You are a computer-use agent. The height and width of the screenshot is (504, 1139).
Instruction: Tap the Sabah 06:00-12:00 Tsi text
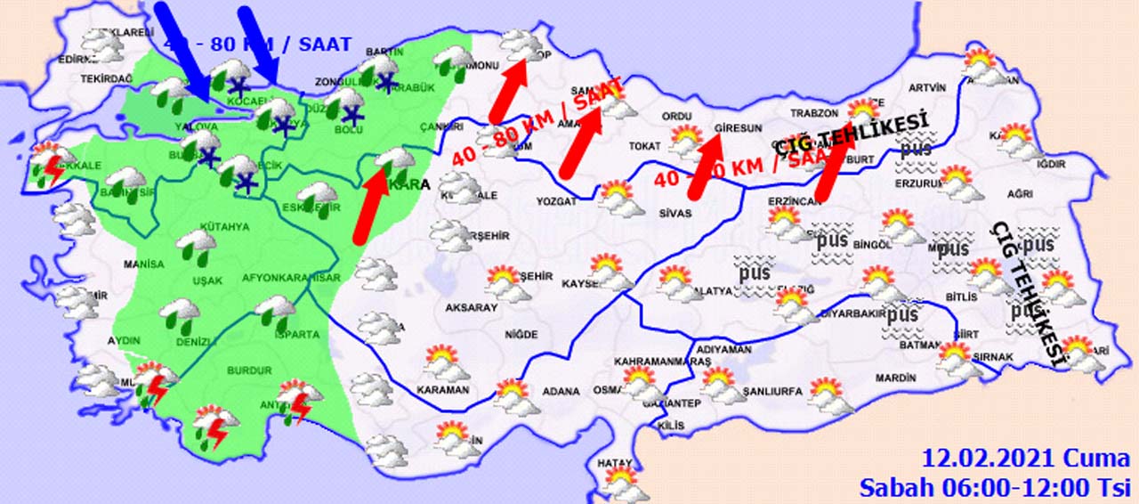point(994,486)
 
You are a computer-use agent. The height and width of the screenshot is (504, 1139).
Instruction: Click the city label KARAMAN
point(442,390)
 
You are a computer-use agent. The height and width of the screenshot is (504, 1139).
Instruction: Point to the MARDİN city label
point(894,378)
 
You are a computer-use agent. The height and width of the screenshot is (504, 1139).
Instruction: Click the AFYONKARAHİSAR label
point(291,278)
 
